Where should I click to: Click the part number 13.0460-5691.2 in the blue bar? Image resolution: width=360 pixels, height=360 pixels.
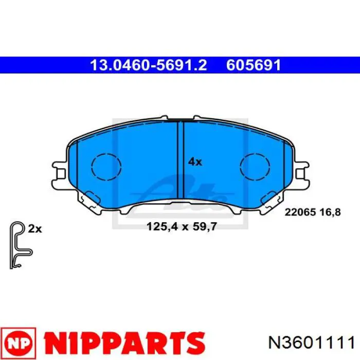pyautogui.click(x=148, y=65)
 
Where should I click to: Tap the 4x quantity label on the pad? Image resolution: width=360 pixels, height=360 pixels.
pyautogui.click(x=195, y=161)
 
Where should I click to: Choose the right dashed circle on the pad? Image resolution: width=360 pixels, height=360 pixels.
pyautogui.click(x=256, y=167)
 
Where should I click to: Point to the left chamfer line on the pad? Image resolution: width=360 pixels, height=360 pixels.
pyautogui.click(x=77, y=170)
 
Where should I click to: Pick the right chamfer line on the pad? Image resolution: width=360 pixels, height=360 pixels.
pyautogui.click(x=284, y=170)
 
